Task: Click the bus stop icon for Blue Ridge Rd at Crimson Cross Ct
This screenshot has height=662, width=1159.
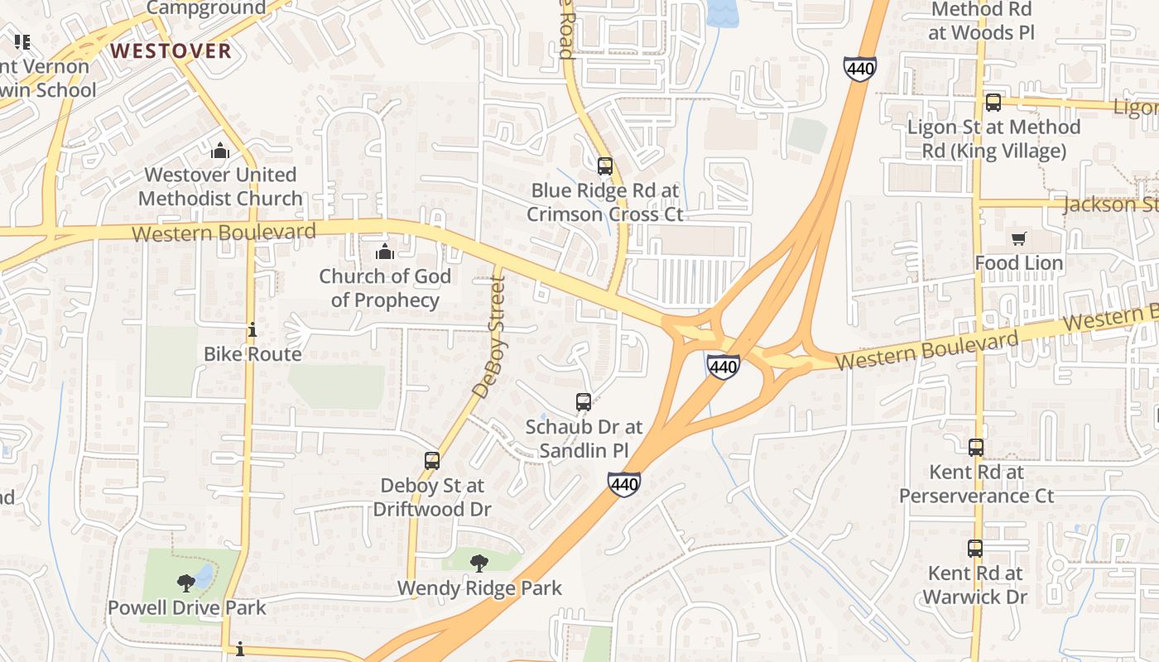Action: tap(605, 165)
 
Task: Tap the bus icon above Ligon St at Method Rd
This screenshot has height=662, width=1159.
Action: tap(993, 103)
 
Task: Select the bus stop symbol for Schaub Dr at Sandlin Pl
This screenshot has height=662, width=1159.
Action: tap(584, 402)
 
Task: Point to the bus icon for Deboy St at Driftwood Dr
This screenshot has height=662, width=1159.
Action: tap(432, 461)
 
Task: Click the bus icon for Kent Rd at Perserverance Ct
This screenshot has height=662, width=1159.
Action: tap(976, 448)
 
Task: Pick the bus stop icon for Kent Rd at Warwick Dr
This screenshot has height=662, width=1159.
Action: tap(975, 548)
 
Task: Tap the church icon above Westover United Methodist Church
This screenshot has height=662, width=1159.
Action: tap(219, 151)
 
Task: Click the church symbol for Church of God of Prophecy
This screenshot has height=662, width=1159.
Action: tap(385, 252)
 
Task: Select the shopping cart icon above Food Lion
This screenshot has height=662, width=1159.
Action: tap(1018, 239)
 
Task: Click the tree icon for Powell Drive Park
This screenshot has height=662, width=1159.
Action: tap(186, 583)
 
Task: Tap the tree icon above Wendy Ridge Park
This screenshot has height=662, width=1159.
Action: tap(479, 564)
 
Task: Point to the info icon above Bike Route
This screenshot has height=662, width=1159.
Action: tap(252, 330)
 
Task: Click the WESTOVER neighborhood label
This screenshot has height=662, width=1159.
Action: tap(171, 51)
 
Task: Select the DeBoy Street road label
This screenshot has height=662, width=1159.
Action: tap(488, 337)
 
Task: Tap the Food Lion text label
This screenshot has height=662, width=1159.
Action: tap(1018, 263)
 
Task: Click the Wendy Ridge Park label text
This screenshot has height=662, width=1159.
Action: tap(479, 588)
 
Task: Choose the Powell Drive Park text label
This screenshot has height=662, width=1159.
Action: tap(187, 607)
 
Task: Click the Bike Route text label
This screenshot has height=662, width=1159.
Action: tap(252, 354)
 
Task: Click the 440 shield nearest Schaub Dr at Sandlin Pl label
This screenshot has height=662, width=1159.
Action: tap(623, 483)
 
